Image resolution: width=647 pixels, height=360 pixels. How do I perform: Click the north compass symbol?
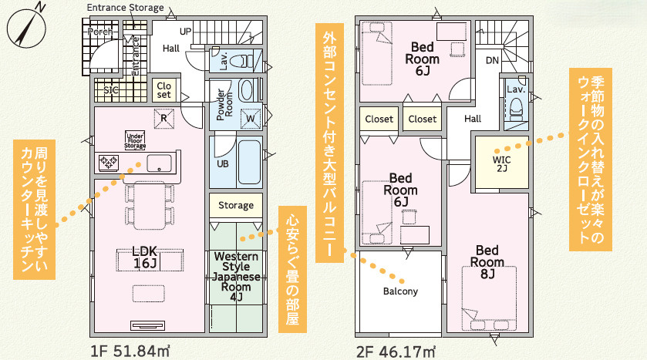coord(26,28)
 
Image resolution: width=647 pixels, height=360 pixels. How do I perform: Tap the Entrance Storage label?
coord(125,8)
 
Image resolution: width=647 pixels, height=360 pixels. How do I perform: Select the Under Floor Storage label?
coord(136,140)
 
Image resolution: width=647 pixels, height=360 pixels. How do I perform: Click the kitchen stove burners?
coord(109,162)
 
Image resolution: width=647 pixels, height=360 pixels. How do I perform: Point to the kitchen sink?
coord(160,163)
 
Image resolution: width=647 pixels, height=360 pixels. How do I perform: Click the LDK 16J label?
coord(145,257)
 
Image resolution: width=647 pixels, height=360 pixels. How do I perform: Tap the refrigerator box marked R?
coord(163,119)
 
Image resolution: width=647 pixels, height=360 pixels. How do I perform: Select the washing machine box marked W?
coord(251,119)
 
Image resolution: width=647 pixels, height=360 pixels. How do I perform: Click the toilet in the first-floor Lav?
coord(243,62)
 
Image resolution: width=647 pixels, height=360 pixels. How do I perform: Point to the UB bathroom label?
coord(223,163)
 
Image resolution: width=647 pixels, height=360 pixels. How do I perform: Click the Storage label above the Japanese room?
coord(236,205)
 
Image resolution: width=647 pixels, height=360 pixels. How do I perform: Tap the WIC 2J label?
coord(502,163)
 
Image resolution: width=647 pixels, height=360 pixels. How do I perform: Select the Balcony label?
coord(400,291)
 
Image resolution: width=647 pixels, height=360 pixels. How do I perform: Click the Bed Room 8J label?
coord(487,262)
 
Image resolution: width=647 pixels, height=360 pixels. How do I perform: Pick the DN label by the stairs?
coord(492,61)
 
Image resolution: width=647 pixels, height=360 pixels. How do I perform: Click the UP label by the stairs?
coord(185,32)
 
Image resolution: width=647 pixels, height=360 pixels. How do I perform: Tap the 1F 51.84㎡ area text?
coord(130,351)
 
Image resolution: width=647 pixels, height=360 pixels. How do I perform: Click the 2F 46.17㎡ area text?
coord(396,352)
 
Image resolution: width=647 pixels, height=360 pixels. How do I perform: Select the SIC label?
coord(110,89)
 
